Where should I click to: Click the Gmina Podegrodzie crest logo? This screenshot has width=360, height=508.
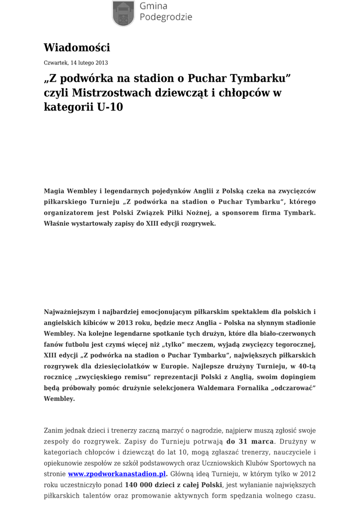click(x=123, y=12)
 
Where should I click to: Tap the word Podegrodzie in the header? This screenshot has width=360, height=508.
click(x=166, y=18)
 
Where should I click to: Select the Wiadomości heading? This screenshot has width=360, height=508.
click(x=76, y=48)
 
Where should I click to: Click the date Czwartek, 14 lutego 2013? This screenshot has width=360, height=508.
click(x=75, y=63)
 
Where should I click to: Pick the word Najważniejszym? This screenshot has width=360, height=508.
click(x=70, y=312)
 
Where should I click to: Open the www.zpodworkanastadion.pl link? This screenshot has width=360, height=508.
click(x=117, y=474)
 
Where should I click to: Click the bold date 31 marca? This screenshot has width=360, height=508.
click(x=250, y=442)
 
